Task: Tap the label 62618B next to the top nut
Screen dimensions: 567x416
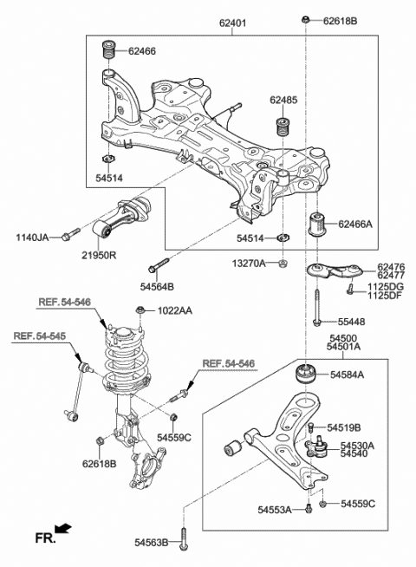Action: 341,18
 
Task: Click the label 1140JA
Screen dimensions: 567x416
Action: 32,234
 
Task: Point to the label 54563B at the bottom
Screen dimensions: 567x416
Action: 153,544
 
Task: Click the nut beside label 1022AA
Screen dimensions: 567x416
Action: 140,311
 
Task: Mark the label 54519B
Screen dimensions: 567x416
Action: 344,427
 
